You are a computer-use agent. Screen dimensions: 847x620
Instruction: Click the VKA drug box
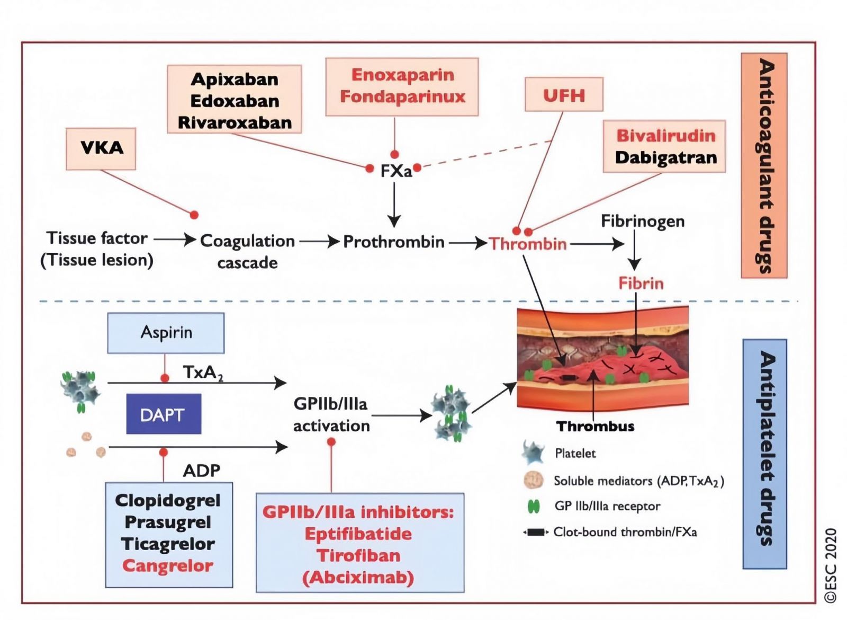101,149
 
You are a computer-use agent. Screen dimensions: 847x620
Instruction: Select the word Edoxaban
235,101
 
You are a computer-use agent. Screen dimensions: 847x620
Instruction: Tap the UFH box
564,95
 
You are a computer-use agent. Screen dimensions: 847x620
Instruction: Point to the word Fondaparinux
402,96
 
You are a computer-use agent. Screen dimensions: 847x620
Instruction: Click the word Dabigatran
666,158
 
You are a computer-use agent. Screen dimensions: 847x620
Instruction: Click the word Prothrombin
394,242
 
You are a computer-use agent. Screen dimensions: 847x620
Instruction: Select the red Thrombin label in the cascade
528,244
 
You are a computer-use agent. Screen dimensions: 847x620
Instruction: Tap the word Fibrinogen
643,222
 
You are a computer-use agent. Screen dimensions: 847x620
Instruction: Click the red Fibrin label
641,283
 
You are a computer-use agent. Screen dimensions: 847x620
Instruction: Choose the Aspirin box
166,333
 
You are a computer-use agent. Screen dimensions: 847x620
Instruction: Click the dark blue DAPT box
164,414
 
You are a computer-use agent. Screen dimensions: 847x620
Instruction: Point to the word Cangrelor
168,566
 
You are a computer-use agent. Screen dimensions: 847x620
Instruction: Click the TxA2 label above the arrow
203,373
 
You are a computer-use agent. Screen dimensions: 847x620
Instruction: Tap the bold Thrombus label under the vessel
595,427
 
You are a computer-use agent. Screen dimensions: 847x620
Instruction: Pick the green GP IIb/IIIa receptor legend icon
534,507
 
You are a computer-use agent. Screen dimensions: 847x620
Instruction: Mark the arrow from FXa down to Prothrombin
394,205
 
